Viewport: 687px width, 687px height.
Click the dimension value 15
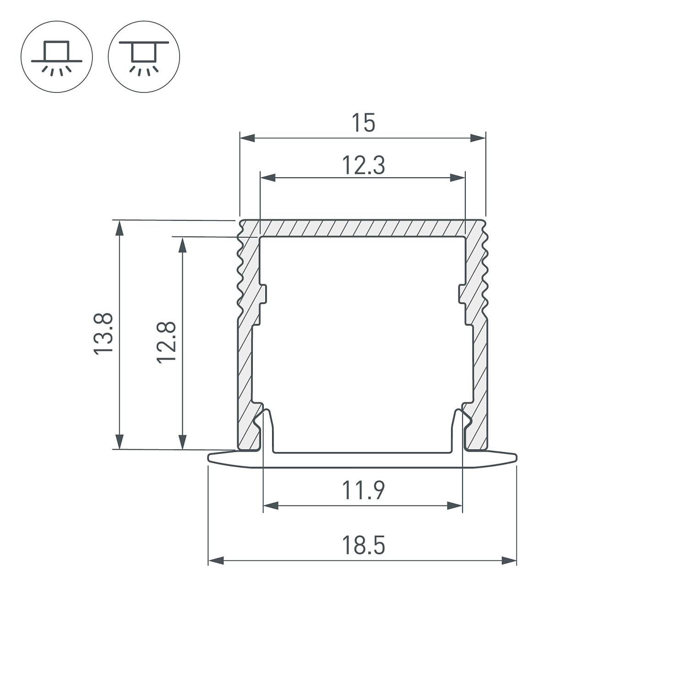[363, 123]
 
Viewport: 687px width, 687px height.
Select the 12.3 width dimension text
[363, 165]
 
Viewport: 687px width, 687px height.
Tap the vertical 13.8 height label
[104, 333]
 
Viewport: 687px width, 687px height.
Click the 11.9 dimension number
[363, 491]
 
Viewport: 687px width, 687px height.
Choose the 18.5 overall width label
[363, 545]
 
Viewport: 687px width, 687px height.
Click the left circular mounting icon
[57, 57]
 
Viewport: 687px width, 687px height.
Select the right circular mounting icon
[144, 57]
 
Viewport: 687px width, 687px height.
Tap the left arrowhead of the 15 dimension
[247, 138]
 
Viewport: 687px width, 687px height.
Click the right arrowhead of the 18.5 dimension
[509, 561]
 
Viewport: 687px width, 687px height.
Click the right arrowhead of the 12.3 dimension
[458, 178]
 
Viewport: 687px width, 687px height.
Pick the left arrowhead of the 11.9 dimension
[271, 506]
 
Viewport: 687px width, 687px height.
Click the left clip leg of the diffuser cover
[269, 431]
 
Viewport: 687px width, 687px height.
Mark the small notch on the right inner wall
[462, 293]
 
